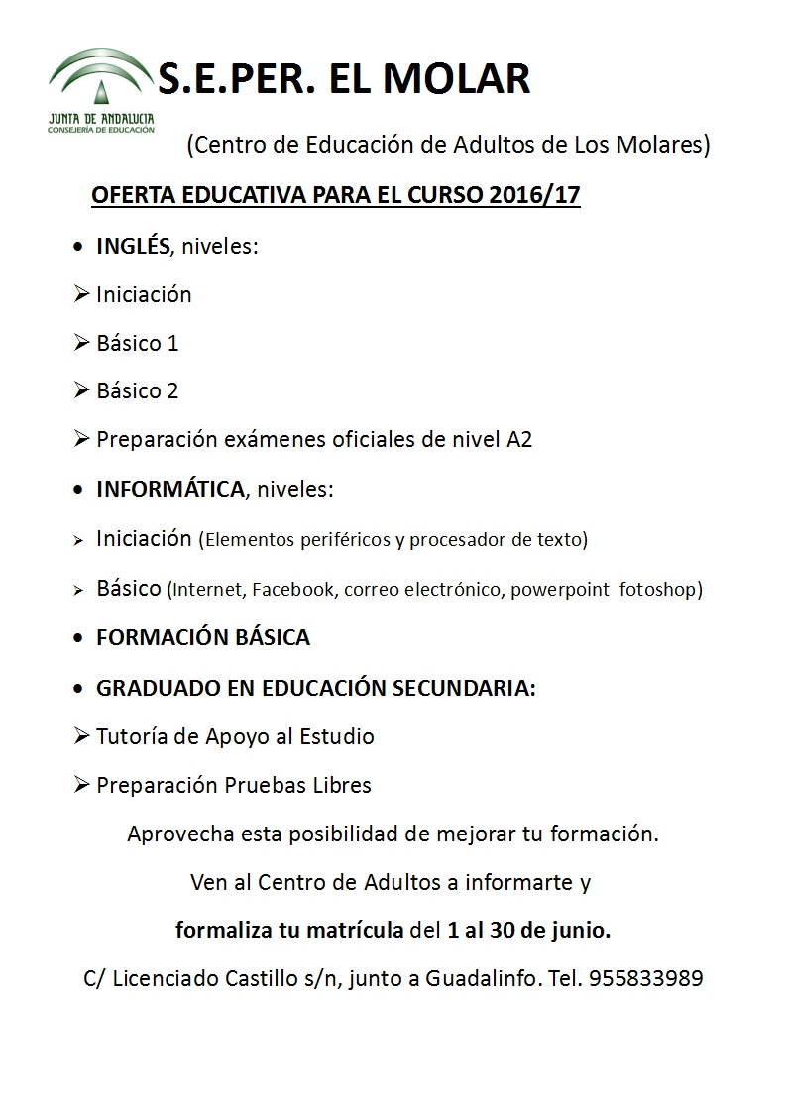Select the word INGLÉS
tap(133, 246)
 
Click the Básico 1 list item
tap(137, 343)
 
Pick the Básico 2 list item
tap(137, 390)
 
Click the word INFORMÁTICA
tap(169, 489)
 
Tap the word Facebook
tap(294, 590)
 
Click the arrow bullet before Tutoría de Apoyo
tap(82, 736)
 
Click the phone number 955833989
tap(645, 979)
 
